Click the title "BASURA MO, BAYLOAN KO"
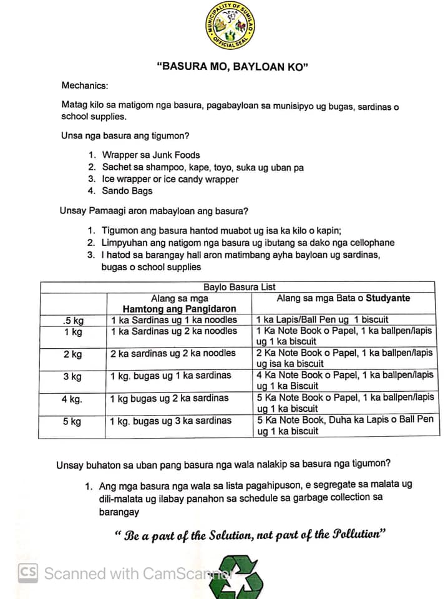point(233,67)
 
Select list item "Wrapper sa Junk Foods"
point(151,155)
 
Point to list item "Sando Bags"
point(127,191)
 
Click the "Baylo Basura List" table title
point(240,287)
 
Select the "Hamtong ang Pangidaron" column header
point(179,309)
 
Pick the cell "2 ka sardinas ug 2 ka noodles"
point(173,353)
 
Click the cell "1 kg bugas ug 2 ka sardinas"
point(170,398)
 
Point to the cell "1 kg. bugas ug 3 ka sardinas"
point(171,421)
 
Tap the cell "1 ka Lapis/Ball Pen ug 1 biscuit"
point(323,320)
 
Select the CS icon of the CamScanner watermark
point(28,572)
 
